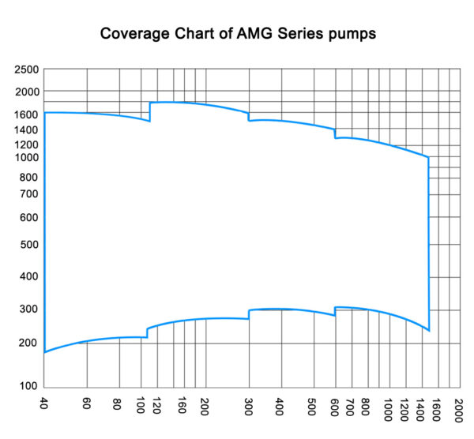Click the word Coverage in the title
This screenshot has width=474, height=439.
pos(134,35)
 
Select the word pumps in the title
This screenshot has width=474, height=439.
pos(351,35)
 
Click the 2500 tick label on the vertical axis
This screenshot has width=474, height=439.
pos(26,70)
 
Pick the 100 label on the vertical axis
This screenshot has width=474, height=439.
pos(29,386)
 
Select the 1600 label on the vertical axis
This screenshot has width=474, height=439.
pos(26,114)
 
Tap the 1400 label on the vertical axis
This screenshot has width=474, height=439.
pos(26,129)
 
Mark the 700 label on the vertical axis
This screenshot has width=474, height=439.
pos(29,193)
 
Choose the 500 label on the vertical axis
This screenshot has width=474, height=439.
pos(29,244)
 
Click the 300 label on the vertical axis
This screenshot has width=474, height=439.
pos(29,309)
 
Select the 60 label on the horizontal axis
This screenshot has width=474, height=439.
pos(87,405)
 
